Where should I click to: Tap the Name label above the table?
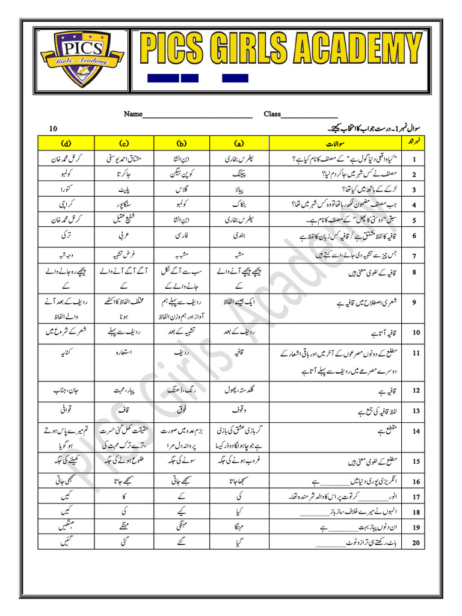point(134,114)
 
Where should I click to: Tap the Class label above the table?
point(273,114)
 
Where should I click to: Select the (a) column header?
point(239,144)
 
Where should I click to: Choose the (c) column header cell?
point(125,144)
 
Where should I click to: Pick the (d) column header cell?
point(66,144)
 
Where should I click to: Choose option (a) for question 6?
point(239,235)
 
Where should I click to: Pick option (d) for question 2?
point(66,174)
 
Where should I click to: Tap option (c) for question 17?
point(125,497)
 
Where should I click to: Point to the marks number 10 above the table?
point(54,129)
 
